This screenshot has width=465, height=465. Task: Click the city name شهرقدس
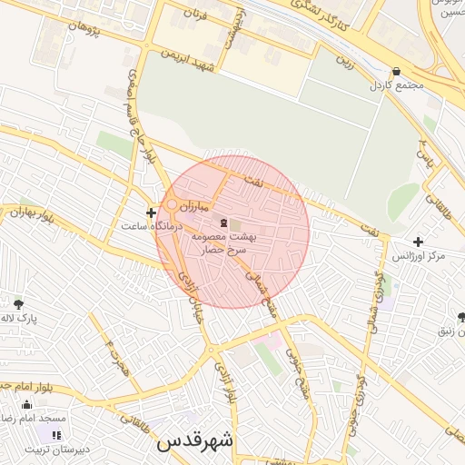click(195, 441)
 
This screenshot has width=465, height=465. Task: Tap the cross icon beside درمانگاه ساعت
click(151, 213)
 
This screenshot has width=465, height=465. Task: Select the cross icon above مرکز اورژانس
click(418, 242)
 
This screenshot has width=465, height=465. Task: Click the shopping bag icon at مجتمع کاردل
click(396, 73)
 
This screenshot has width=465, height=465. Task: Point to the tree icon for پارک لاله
click(19, 303)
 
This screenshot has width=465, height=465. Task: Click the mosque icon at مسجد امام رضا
click(26, 405)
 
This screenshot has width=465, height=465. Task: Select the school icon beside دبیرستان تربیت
click(57, 436)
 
